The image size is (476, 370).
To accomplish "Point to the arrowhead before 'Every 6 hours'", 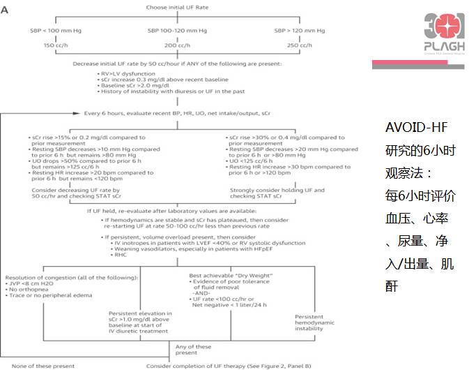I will click(80, 112).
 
